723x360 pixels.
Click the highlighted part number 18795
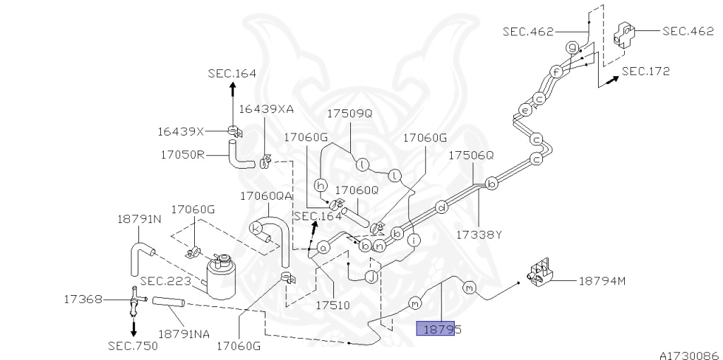tap(443, 329)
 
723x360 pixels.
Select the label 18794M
tap(602, 281)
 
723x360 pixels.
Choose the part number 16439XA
tap(265, 109)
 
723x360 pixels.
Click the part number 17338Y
tap(477, 234)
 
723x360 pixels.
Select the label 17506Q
tap(472, 155)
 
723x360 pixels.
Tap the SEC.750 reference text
tap(133, 346)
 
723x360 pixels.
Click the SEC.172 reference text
tap(645, 71)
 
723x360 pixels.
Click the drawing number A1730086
tap(688, 356)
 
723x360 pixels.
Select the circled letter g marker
tap(573, 47)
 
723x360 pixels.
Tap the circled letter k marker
tap(256, 227)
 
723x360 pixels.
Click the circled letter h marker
tap(321, 185)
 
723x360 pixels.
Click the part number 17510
tap(332, 306)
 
